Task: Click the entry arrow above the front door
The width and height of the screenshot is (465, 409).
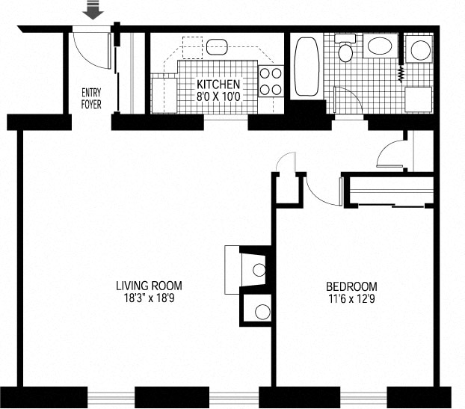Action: pos(93,10)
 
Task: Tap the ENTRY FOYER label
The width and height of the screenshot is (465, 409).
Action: pos(91,99)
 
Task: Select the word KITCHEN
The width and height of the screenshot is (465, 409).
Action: pos(218,84)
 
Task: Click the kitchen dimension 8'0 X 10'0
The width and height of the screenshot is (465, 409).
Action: pos(218,96)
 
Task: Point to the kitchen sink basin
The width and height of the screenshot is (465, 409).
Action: pos(217,47)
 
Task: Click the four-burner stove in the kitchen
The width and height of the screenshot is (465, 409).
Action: pos(271,81)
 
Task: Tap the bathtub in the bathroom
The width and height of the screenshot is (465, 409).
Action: pos(307,67)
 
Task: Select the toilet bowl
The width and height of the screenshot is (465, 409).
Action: pos(345,52)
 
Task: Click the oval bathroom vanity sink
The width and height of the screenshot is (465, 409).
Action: pos(380,46)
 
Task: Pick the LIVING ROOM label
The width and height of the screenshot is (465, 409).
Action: pos(149,286)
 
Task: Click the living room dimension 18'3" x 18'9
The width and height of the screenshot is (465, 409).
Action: pos(149,298)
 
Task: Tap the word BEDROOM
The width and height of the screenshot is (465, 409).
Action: pos(351,287)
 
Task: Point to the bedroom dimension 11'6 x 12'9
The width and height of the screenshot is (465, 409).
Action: pos(351,298)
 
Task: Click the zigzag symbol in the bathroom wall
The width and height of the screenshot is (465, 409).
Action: pos(401,74)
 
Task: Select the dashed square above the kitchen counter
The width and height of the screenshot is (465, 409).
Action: pos(192,47)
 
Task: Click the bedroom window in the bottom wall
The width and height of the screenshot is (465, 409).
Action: pos(363,398)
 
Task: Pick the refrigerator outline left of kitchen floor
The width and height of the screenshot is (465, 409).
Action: pos(164,96)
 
